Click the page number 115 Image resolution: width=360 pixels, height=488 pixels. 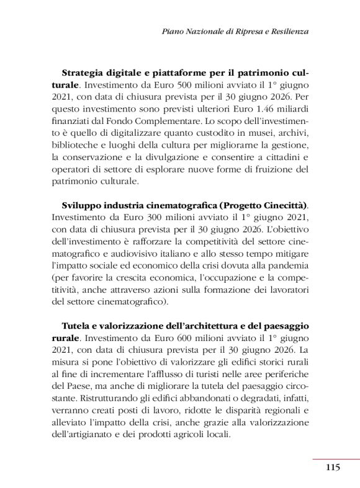click(332, 467)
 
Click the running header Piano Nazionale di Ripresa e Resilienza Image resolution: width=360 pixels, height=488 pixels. click(235, 30)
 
